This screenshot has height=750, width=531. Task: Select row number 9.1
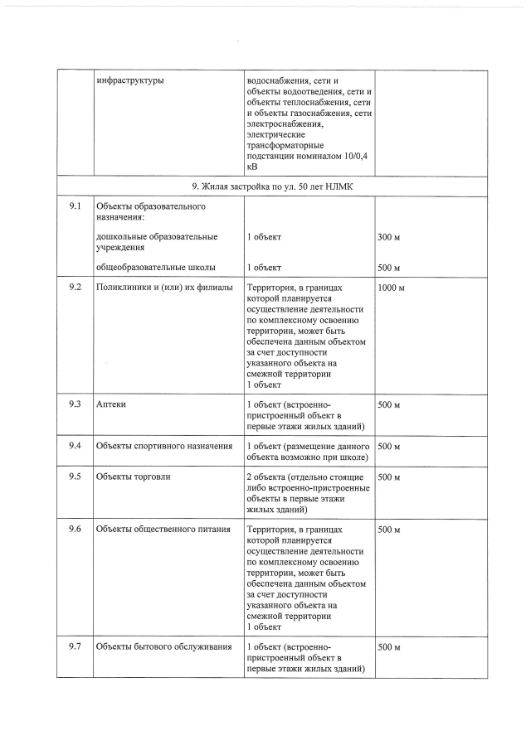pos(75,206)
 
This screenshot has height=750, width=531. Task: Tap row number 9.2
pos(75,288)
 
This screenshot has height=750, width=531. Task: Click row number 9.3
pos(75,404)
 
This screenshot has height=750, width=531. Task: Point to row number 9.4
pos(75,447)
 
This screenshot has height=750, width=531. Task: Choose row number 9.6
pos(75,530)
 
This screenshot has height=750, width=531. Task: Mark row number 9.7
pos(75,646)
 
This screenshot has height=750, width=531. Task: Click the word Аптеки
pos(111,404)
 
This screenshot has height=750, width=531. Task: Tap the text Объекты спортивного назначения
pos(163,447)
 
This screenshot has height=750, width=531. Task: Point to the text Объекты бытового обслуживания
pos(163,646)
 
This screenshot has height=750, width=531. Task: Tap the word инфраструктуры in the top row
pos(129,80)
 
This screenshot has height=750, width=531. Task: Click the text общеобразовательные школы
pos(156,268)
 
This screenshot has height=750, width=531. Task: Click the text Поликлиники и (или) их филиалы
pos(158,288)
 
